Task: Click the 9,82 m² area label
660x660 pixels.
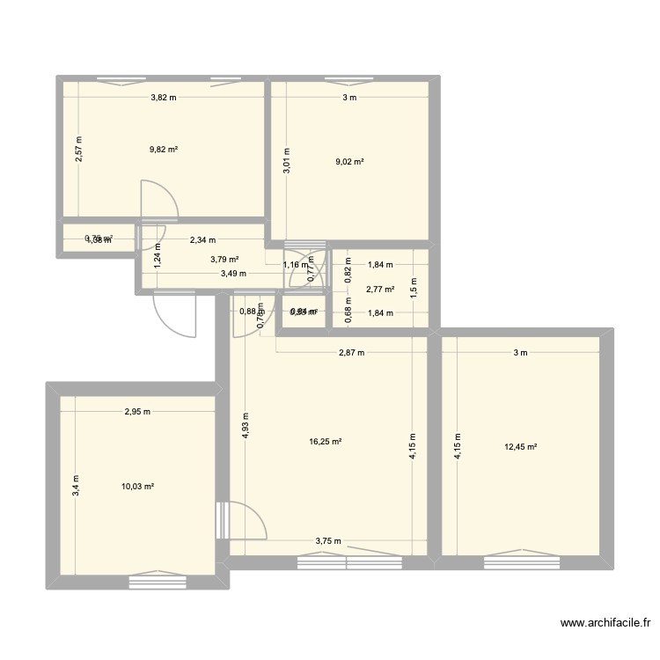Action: click(x=163, y=150)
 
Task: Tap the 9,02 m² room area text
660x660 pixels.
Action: click(x=349, y=161)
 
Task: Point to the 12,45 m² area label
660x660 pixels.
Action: click(x=521, y=446)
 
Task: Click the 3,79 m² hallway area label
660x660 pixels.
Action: click(x=224, y=260)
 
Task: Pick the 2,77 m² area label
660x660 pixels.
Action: click(x=380, y=289)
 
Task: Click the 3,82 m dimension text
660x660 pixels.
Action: click(x=163, y=98)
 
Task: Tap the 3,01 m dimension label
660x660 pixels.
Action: click(x=286, y=161)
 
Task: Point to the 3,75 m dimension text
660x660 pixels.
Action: click(x=327, y=542)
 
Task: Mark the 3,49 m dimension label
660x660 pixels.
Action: click(x=233, y=274)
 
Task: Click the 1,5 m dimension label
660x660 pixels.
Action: click(x=413, y=287)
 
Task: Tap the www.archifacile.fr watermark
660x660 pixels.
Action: click(x=606, y=624)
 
